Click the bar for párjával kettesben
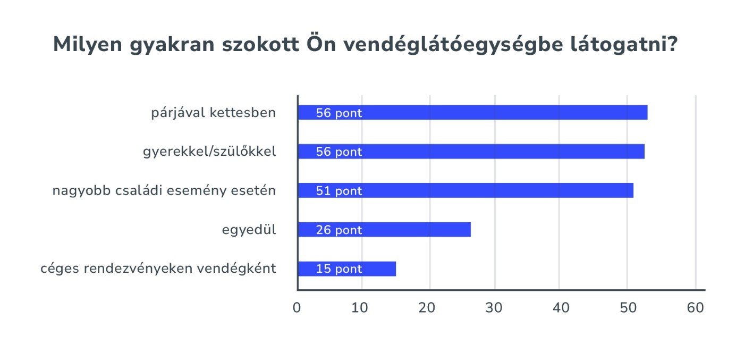point(472,113)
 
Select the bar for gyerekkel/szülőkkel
point(471,152)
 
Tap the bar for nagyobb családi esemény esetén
point(466,190)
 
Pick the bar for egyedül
point(384,230)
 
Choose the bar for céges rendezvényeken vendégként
point(347,269)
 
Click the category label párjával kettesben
point(214,113)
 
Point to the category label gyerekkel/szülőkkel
point(209,152)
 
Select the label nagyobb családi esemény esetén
point(164,190)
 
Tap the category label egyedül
point(249,230)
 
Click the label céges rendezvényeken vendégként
point(158,269)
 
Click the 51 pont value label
point(339,191)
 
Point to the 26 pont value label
point(339,230)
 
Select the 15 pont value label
point(339,269)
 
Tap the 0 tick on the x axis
point(297,308)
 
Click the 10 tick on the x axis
point(360,308)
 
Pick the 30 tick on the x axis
point(494,308)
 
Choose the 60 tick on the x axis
point(695,308)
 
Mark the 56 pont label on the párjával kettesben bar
point(339,113)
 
